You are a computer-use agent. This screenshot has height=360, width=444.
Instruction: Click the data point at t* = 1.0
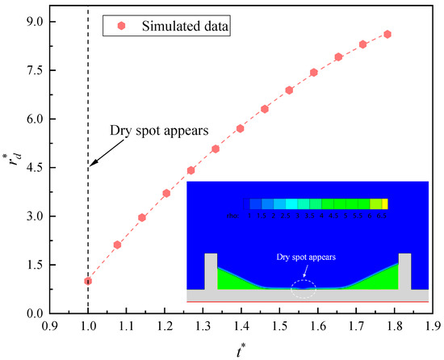click(87, 281)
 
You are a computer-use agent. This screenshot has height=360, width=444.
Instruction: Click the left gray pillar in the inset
click(211, 271)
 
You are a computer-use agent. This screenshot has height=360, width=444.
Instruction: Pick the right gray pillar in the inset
click(404, 271)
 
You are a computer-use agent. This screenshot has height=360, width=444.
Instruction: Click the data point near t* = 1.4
click(240, 128)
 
